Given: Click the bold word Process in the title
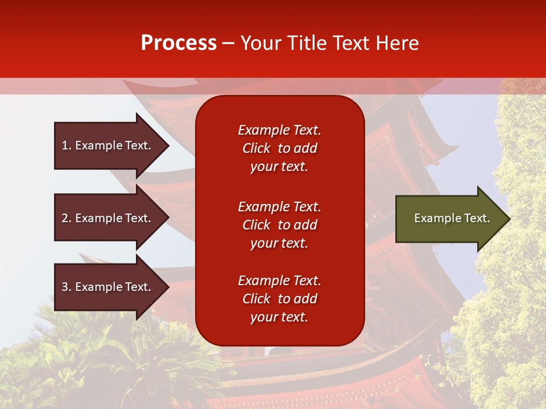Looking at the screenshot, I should click(x=179, y=43).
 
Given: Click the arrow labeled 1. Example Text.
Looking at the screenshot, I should click(x=108, y=145).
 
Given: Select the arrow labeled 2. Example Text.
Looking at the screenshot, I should click(x=108, y=218).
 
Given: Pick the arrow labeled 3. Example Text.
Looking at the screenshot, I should click(x=108, y=287).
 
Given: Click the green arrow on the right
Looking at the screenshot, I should click(x=449, y=219).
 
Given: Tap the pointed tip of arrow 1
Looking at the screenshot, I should click(x=167, y=145).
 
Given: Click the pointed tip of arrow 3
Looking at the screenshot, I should click(x=167, y=287).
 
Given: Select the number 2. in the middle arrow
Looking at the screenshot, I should click(x=67, y=218).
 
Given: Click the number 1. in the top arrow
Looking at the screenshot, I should click(x=67, y=145).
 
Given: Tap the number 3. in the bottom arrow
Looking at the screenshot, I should click(x=67, y=287).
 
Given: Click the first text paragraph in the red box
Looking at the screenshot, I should click(x=279, y=148).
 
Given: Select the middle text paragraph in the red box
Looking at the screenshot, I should click(x=279, y=225).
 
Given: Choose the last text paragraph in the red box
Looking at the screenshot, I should click(x=279, y=299).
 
